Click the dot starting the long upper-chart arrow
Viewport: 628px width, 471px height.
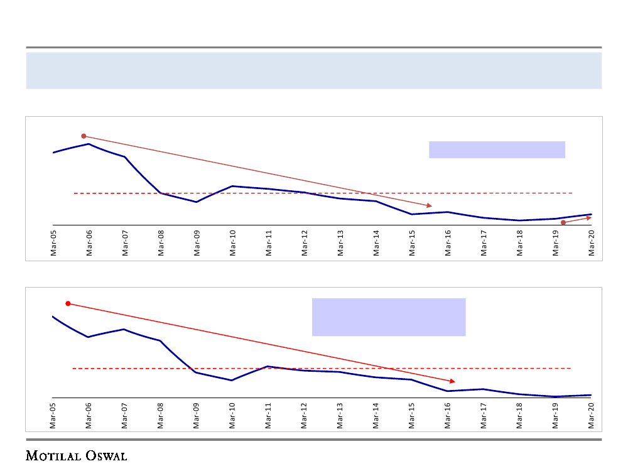pos(84,136)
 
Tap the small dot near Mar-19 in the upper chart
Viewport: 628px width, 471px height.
pos(563,222)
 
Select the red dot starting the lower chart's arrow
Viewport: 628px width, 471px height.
pos(68,303)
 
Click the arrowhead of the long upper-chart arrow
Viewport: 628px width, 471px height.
pos(430,205)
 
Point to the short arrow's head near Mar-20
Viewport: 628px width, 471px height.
pos(589,218)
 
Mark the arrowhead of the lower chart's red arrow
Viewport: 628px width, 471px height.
pos(452,381)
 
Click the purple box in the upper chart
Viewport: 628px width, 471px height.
pos(497,149)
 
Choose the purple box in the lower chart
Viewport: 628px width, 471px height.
pos(389,317)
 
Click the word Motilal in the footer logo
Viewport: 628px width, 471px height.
pos(53,455)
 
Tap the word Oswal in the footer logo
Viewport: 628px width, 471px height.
pos(106,455)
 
